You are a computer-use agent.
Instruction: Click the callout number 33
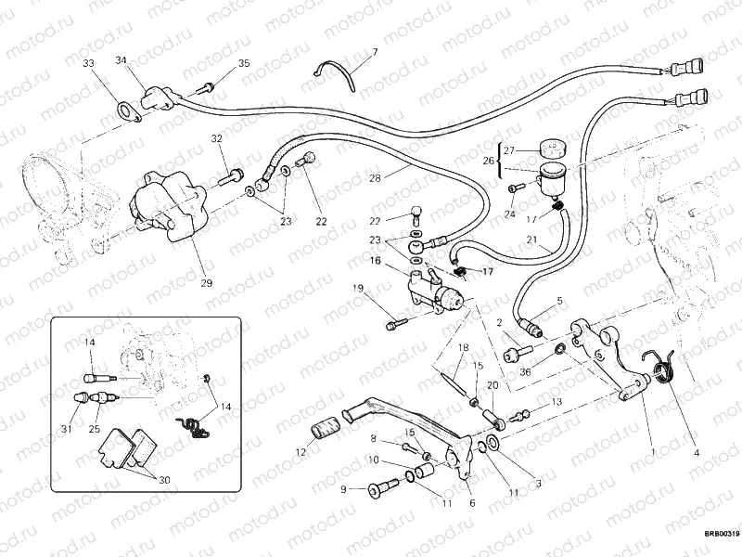point(88,63)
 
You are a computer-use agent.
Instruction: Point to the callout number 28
point(375,177)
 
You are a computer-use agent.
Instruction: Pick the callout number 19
point(358,289)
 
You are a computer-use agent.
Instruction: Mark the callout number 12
point(300,452)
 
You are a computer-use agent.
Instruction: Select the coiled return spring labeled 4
point(664,371)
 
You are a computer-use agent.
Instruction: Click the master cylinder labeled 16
point(436,295)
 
